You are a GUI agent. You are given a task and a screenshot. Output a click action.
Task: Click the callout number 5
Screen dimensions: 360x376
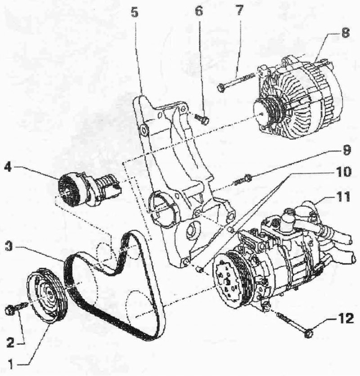tap(135, 12)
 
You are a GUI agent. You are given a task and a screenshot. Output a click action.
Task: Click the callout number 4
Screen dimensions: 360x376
tap(8, 167)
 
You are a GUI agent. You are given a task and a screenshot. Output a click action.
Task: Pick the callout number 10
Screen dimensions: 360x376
tap(343, 172)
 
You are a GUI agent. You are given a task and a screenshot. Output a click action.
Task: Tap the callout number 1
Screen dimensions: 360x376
tap(10, 365)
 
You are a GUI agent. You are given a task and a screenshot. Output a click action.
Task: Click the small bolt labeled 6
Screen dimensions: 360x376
tap(202, 118)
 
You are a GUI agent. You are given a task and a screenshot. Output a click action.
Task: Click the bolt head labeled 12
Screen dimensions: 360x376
tap(308, 333)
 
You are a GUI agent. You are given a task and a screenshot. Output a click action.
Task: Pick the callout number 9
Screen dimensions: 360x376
tap(346, 150)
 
